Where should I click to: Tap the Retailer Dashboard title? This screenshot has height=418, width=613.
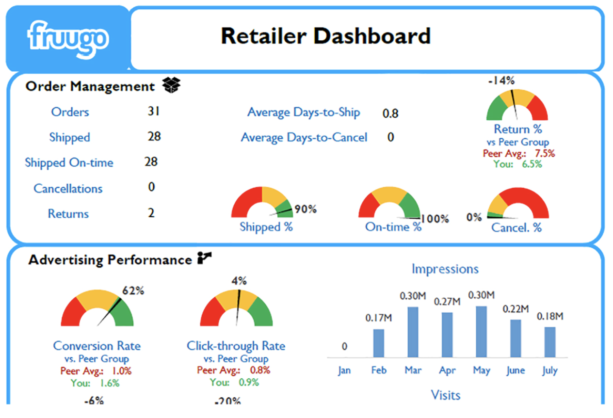325,36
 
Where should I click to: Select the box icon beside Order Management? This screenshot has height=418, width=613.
171,85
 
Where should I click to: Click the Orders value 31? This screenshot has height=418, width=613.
153,112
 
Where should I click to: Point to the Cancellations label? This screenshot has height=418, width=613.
68,188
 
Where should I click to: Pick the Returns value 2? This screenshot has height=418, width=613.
151,213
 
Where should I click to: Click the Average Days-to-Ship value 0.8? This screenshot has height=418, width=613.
390,113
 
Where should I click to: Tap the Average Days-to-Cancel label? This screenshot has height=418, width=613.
304,138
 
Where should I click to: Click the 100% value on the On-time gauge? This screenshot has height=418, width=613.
435,219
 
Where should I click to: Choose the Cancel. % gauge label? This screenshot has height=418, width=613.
516,227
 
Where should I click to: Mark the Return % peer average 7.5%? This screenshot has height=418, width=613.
545,153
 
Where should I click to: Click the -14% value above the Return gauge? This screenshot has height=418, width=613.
501,80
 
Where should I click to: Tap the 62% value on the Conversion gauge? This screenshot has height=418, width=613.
133,291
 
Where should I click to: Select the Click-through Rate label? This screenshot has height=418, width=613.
236,346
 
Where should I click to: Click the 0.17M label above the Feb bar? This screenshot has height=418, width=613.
379,318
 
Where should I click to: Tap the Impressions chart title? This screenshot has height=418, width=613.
445,269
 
